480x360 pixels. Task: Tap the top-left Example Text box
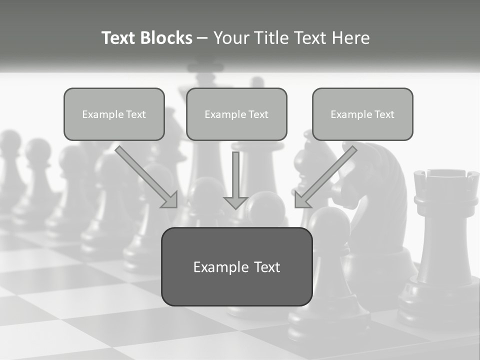[x=114, y=114]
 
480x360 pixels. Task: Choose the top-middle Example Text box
[x=236, y=114]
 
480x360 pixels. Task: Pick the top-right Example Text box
[x=362, y=114]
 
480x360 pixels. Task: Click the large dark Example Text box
[x=236, y=267]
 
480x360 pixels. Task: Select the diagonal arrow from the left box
[x=146, y=177]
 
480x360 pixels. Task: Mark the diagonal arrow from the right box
[x=326, y=177]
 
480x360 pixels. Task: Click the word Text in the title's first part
[x=118, y=38]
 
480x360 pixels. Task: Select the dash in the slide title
[x=202, y=38]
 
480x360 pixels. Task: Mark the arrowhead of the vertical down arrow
[x=235, y=202]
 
